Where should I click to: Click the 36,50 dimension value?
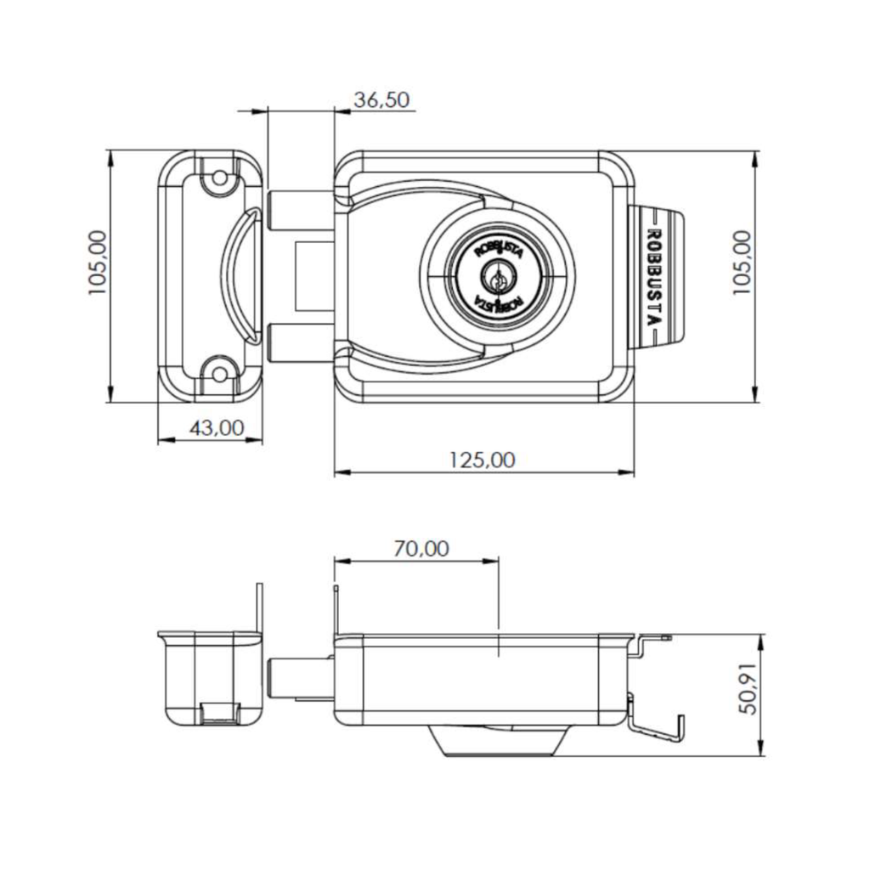(381, 100)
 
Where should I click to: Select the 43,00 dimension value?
(217, 428)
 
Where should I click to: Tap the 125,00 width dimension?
(482, 460)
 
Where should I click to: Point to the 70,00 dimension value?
(421, 549)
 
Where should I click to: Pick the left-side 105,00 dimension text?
(98, 263)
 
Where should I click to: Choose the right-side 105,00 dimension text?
(741, 263)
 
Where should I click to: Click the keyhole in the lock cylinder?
(497, 277)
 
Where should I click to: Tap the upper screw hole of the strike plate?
(220, 178)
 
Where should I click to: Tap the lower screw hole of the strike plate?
(220, 375)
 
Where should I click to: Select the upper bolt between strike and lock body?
(301, 211)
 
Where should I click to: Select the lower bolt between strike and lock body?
(301, 343)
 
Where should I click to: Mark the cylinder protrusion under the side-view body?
(498, 741)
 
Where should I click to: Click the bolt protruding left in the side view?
(301, 678)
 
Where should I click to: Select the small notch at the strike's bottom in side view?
(220, 714)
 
